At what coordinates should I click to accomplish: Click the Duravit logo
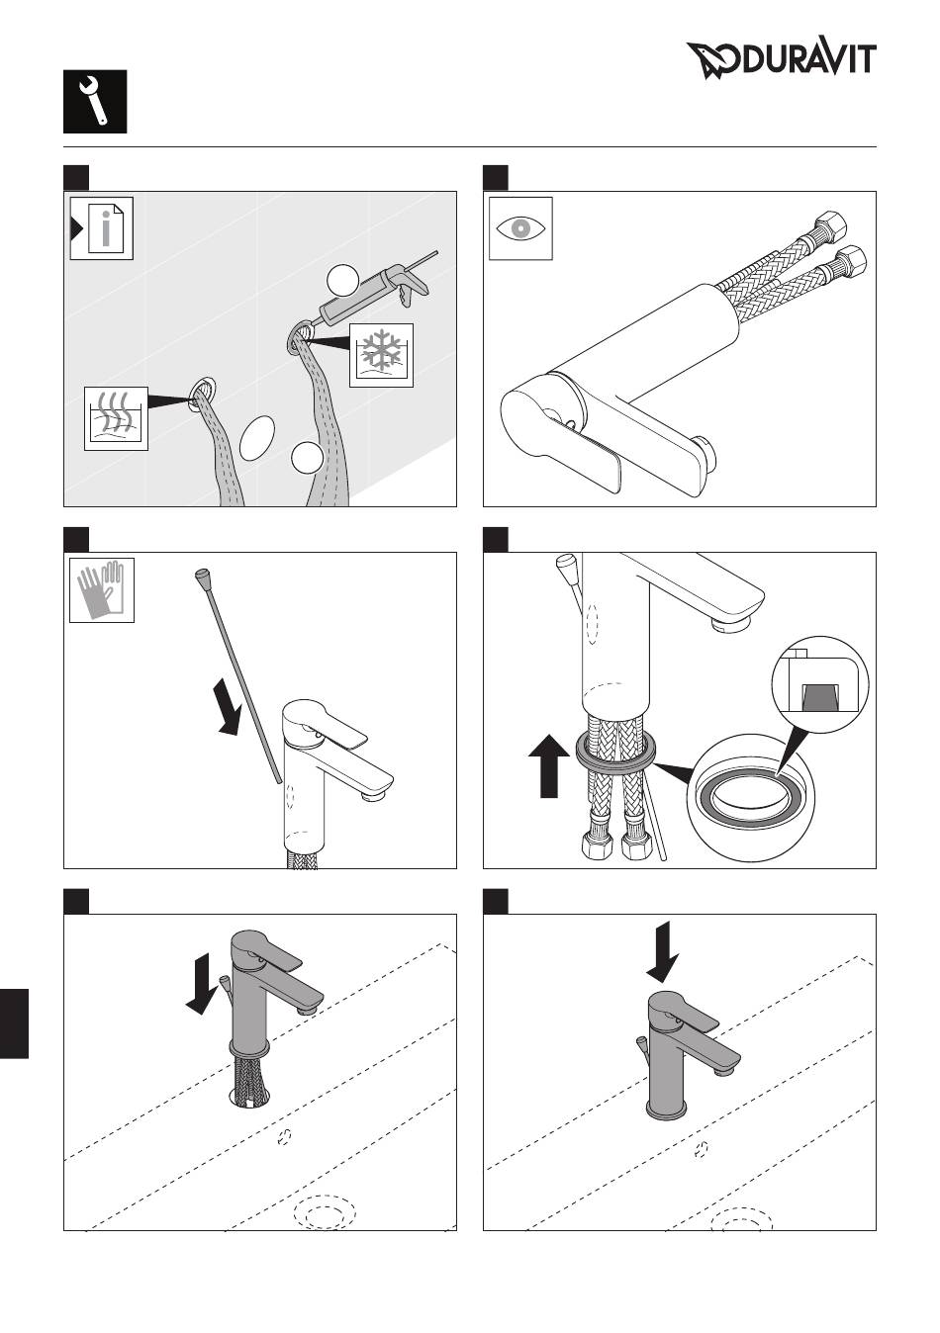tap(782, 60)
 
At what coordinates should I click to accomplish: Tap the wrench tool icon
tap(95, 102)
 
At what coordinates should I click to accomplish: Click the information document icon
tap(102, 228)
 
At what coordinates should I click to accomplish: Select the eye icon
tap(520, 228)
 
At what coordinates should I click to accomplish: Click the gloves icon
tap(101, 590)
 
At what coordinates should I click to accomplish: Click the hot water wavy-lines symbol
tap(116, 418)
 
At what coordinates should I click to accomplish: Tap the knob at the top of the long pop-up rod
tap(203, 575)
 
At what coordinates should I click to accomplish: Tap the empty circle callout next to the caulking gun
tap(342, 280)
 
